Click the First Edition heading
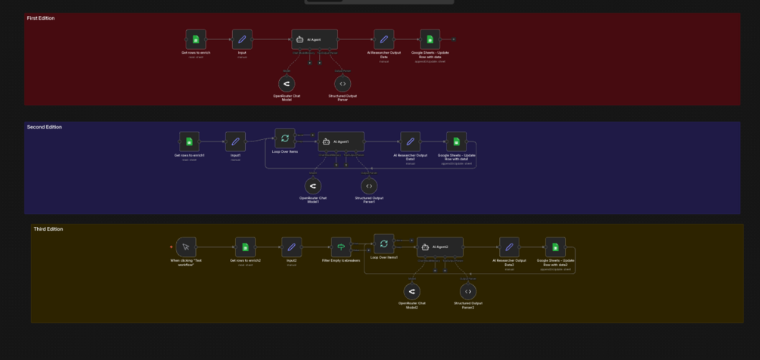(x=41, y=18)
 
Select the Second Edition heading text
(x=45, y=127)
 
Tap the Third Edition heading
(x=48, y=229)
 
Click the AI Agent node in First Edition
(x=315, y=39)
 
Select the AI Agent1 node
(x=341, y=141)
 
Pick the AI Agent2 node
(x=440, y=247)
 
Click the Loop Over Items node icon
(x=284, y=138)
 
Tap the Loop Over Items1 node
(x=384, y=244)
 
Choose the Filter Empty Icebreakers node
(x=342, y=247)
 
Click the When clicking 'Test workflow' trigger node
(x=186, y=247)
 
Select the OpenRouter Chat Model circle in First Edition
(x=287, y=83)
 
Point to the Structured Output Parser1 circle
(x=369, y=185)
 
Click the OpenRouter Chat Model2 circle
(x=412, y=291)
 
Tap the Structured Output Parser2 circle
(x=468, y=291)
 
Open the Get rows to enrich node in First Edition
(x=196, y=39)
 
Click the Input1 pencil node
(x=235, y=141)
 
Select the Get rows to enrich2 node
(x=245, y=247)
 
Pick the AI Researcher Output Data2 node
(x=509, y=247)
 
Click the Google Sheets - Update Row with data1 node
(x=456, y=141)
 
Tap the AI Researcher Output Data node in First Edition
(x=383, y=39)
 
